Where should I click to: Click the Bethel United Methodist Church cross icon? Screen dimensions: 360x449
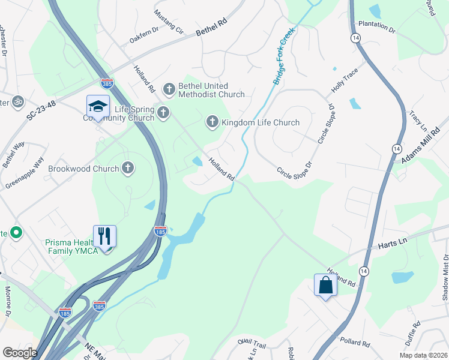tap(169, 89)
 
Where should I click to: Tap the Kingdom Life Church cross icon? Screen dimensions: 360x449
tap(212, 122)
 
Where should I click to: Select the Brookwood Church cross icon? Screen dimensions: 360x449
tap(128, 169)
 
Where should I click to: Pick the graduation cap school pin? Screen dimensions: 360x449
tap(98, 106)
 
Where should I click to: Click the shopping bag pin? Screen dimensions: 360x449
tap(325, 285)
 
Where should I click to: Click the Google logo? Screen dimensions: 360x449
tap(20, 353)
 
